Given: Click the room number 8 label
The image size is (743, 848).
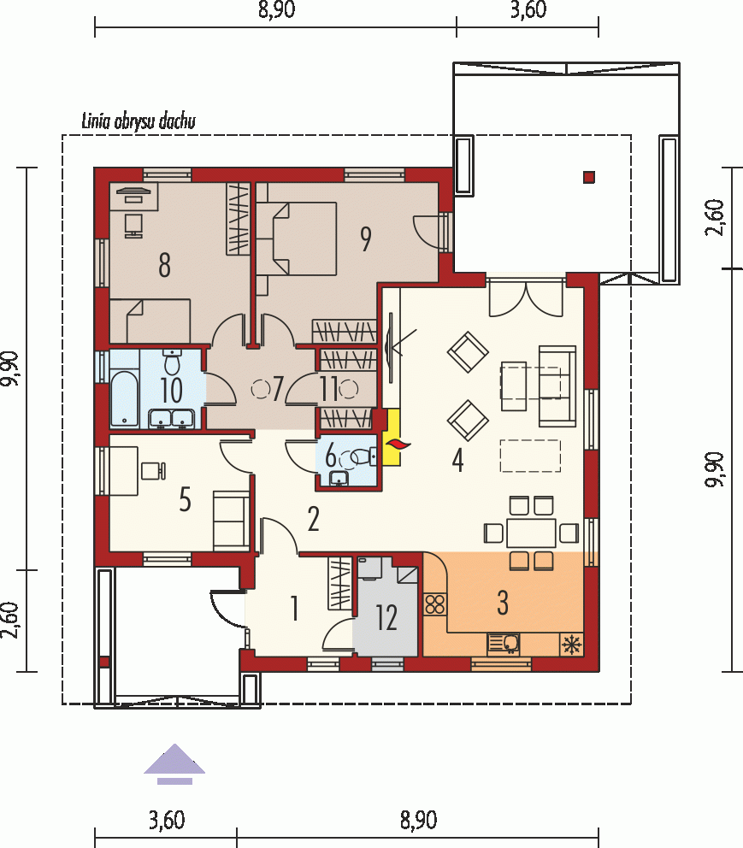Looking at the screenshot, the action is (x=164, y=265).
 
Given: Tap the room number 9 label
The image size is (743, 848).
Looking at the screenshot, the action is (x=366, y=239).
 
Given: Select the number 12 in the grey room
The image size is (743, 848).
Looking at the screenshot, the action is (x=386, y=617).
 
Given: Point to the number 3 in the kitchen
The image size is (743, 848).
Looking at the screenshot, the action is (x=503, y=603).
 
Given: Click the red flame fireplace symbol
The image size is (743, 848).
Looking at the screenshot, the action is (x=397, y=445).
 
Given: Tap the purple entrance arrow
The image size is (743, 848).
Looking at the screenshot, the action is (x=174, y=763).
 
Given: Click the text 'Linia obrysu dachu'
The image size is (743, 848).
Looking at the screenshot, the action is (x=139, y=121).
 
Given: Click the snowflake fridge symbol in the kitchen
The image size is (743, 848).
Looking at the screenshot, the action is (x=572, y=645).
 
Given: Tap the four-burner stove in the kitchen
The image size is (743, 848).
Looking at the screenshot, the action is (x=435, y=604).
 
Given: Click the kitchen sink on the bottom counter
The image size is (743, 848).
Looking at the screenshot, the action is (x=504, y=644).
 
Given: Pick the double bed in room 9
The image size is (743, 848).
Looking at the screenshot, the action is (x=297, y=238).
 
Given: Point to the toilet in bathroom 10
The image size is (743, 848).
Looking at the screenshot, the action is (x=172, y=362).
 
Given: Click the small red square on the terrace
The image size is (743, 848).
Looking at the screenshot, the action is (x=589, y=177).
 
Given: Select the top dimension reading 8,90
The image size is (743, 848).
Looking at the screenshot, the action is (x=277, y=9).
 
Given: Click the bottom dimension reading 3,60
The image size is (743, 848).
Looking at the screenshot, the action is (x=167, y=820).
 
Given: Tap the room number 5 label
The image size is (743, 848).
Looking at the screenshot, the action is (x=185, y=499).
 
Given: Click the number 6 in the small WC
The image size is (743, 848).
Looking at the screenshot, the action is (x=330, y=457).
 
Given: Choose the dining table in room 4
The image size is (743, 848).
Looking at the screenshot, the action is (x=531, y=533).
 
